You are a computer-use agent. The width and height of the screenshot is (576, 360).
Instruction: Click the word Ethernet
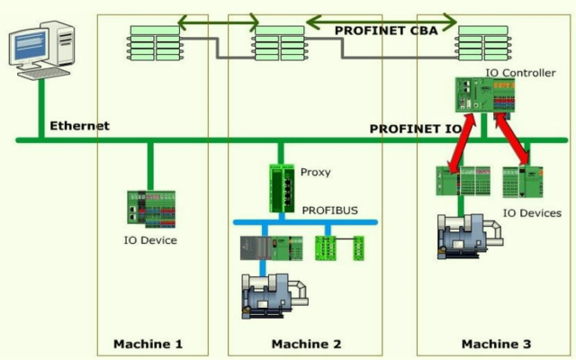(79, 126)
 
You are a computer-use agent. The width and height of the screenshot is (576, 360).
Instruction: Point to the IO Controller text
(520, 73)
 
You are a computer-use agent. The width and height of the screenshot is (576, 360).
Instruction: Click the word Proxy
(315, 172)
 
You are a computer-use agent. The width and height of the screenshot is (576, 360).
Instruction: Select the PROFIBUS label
(329, 211)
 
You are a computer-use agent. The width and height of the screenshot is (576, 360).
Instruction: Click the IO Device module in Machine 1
(149, 209)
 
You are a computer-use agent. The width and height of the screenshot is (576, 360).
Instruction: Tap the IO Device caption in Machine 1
(150, 240)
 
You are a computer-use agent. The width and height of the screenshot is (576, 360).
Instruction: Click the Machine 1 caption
(148, 344)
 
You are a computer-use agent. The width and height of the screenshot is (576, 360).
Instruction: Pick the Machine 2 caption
(306, 344)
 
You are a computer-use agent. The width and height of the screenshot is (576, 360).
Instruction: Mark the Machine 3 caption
(496, 344)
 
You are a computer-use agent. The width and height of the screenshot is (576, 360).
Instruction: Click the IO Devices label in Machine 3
(532, 213)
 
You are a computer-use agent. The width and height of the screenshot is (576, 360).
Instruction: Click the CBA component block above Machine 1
(156, 41)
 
